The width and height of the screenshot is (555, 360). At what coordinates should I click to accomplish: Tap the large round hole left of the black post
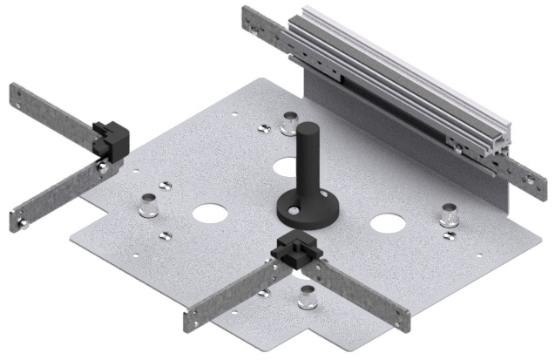[x=208, y=212]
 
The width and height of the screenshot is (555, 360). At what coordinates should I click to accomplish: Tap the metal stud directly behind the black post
[x=288, y=125]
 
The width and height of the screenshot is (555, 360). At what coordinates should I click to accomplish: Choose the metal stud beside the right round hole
[x=450, y=214]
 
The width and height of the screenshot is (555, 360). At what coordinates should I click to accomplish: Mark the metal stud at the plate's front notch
[x=306, y=299]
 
